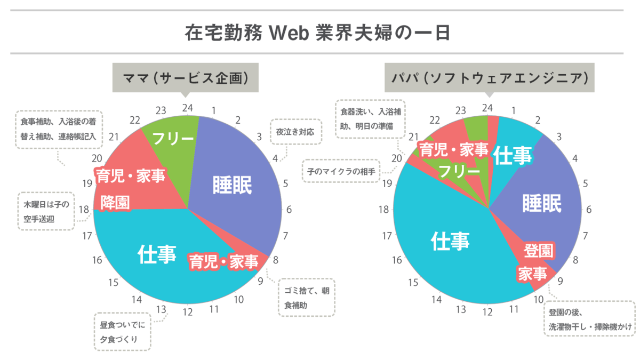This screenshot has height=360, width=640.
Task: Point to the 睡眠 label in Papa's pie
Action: coord(542,203)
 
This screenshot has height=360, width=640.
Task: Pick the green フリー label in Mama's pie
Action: coord(173,139)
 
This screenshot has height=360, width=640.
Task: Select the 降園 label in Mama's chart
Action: coord(115,203)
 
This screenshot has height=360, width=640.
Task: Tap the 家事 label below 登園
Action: coord(532,274)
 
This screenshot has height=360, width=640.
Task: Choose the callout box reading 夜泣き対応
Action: coord(296,131)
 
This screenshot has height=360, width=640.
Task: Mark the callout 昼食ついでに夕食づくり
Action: coord(122,331)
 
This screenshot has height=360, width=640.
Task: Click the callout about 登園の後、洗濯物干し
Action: coord(589,319)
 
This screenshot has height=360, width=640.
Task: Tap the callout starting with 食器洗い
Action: coord(370,119)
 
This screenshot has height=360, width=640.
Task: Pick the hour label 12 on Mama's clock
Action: coord(187,312)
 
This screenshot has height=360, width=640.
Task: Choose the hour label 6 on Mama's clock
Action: coord(289,210)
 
